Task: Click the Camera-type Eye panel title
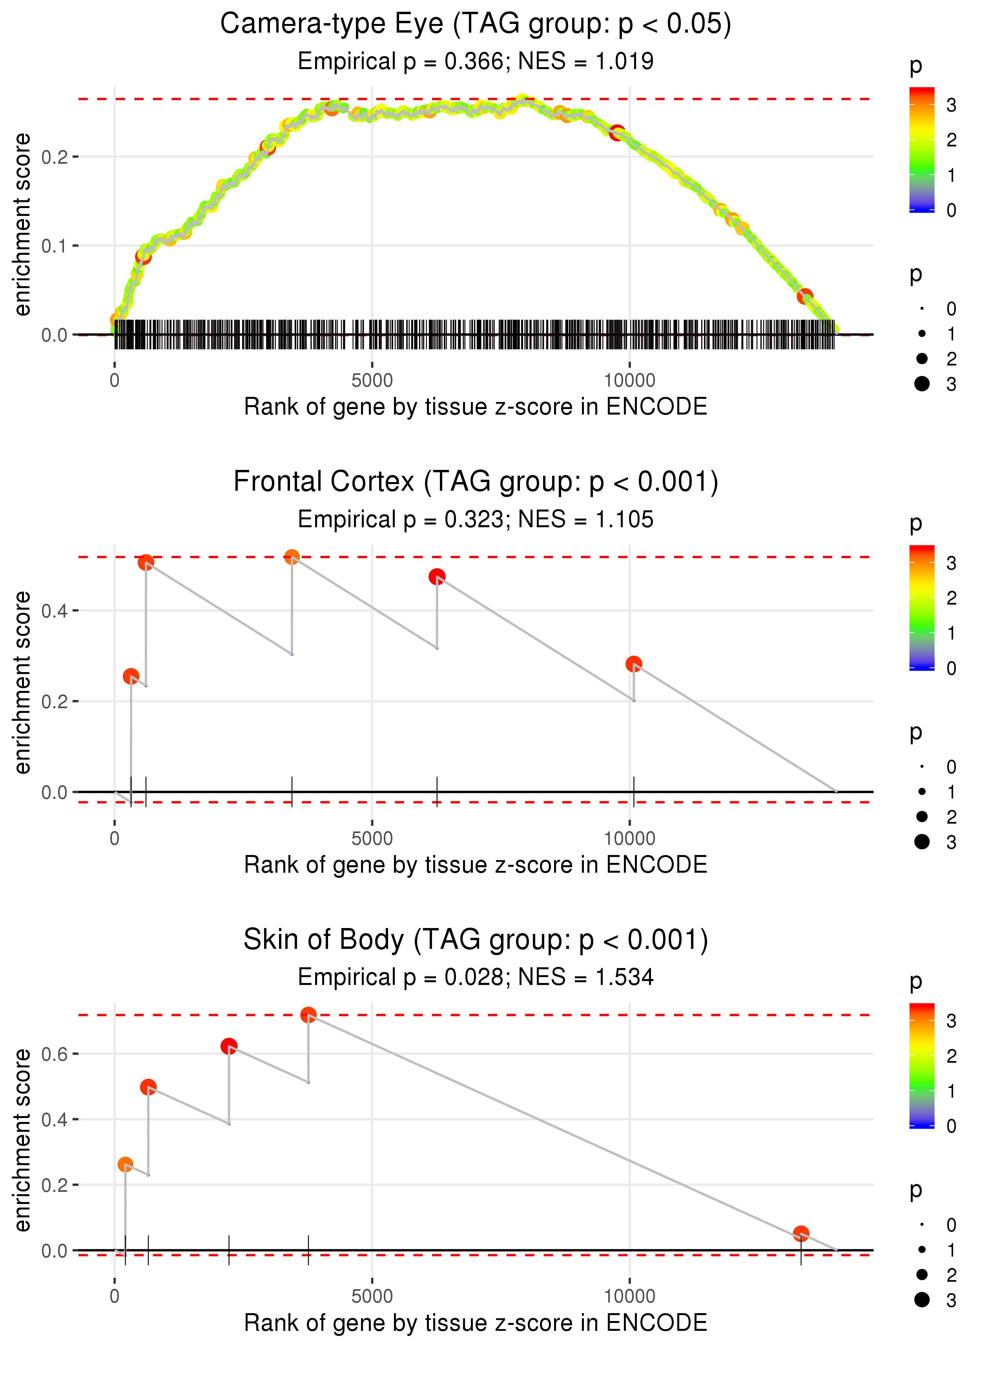click(x=476, y=24)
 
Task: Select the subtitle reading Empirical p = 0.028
click(x=476, y=977)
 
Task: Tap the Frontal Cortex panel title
click(x=476, y=482)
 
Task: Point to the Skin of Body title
click(x=476, y=940)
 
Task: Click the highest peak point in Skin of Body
click(x=308, y=1015)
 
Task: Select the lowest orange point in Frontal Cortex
click(x=131, y=676)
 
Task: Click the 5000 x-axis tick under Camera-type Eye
click(x=372, y=381)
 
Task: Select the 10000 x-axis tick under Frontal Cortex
click(x=629, y=839)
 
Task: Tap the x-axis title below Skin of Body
click(x=476, y=1323)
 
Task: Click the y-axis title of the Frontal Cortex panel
click(x=22, y=683)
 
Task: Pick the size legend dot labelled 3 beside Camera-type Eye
click(x=922, y=384)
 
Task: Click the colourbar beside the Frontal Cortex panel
click(x=922, y=607)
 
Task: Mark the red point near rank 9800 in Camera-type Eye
click(x=617, y=133)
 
